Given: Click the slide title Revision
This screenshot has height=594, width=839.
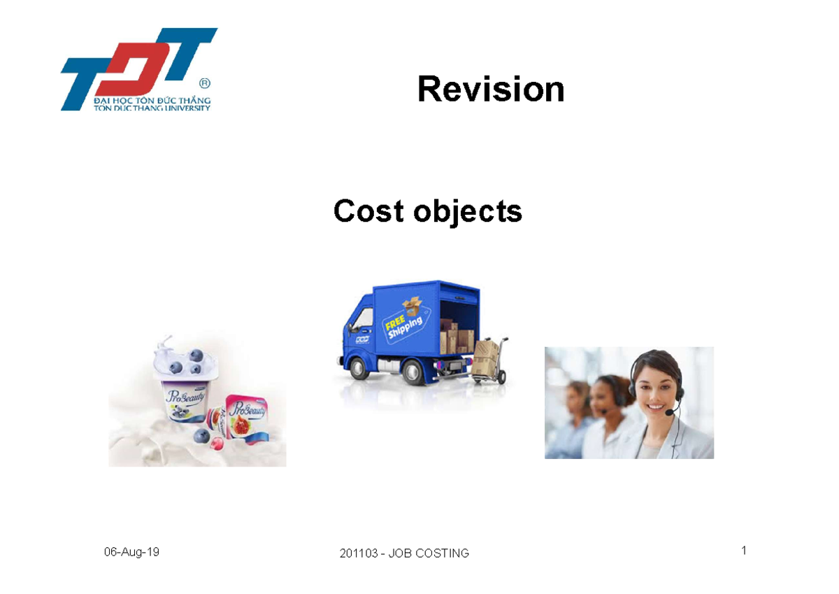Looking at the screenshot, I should click(x=490, y=90).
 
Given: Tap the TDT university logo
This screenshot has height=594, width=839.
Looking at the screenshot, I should click(x=136, y=70).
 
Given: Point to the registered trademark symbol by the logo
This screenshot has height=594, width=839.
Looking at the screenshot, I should click(x=204, y=83).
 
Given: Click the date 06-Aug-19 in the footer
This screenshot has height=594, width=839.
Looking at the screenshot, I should click(x=131, y=552).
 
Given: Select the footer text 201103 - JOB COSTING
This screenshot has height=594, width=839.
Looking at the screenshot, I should click(x=404, y=553).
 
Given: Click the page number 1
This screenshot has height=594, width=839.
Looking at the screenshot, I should click(x=744, y=551).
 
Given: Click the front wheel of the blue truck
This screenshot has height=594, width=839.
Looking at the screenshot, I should click(x=363, y=372).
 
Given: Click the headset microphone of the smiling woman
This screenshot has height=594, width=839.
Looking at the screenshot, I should click(x=668, y=413).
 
